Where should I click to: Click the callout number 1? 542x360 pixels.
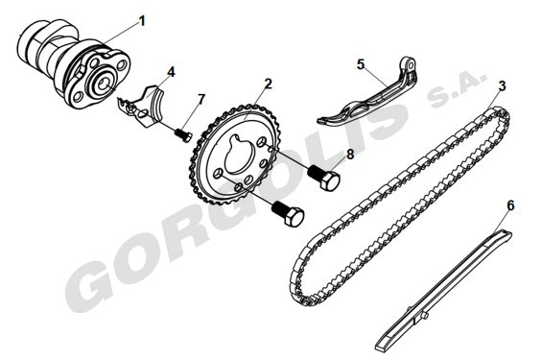click(x=142, y=21)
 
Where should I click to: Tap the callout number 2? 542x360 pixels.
click(x=269, y=84)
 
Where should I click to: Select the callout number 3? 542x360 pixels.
click(x=502, y=85)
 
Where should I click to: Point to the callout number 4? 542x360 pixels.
click(x=171, y=72)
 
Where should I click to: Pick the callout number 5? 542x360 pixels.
click(x=361, y=64)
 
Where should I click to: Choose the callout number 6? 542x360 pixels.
click(x=510, y=205)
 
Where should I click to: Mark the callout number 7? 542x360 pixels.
click(x=201, y=100)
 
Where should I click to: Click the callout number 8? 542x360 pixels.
click(x=350, y=155)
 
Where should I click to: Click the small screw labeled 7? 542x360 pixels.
click(x=183, y=134)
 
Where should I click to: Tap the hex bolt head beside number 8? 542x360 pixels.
click(x=330, y=180)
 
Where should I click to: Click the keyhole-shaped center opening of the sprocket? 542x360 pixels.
click(x=240, y=153)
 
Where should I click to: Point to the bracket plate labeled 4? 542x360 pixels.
click(x=141, y=107)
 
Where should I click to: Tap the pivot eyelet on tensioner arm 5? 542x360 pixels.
click(x=411, y=64)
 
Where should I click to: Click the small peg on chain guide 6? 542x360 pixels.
click(x=425, y=316)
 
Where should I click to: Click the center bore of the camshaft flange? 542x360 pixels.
click(x=104, y=83)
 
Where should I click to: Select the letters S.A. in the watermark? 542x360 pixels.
click(x=457, y=88)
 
